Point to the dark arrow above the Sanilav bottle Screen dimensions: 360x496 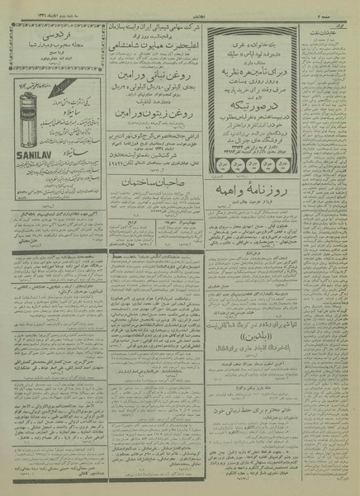[x=30, y=81]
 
